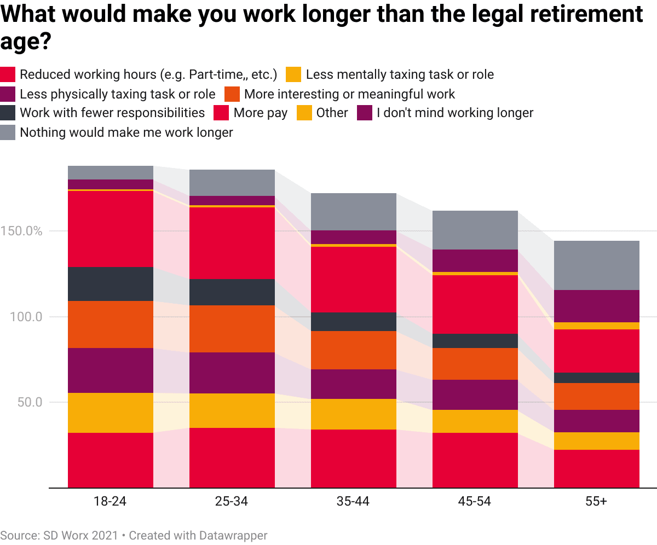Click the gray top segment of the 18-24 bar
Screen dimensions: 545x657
pos(110,172)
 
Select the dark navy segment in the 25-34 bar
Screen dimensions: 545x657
pos(232,292)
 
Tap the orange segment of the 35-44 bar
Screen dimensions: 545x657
pos(353,350)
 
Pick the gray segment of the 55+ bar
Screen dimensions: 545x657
pos(596,265)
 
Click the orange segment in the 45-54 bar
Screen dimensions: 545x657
pos(475,364)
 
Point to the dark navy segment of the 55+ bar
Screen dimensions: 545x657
pos(596,378)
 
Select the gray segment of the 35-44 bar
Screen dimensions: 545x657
pos(353,212)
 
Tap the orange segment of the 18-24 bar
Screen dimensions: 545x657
pos(110,324)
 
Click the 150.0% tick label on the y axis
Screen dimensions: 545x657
pos(21,231)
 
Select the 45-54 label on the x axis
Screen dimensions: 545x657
pos(475,502)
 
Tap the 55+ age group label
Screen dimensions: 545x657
pos(596,502)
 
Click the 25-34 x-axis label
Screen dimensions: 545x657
pos(232,502)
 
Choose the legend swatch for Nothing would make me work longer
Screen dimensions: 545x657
pos(8,132)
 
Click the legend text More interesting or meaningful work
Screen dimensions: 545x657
pos(349,94)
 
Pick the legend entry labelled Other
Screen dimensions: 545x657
pos(332,113)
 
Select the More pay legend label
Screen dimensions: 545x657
pos(260,113)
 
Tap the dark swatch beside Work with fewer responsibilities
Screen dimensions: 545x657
pos(8,113)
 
